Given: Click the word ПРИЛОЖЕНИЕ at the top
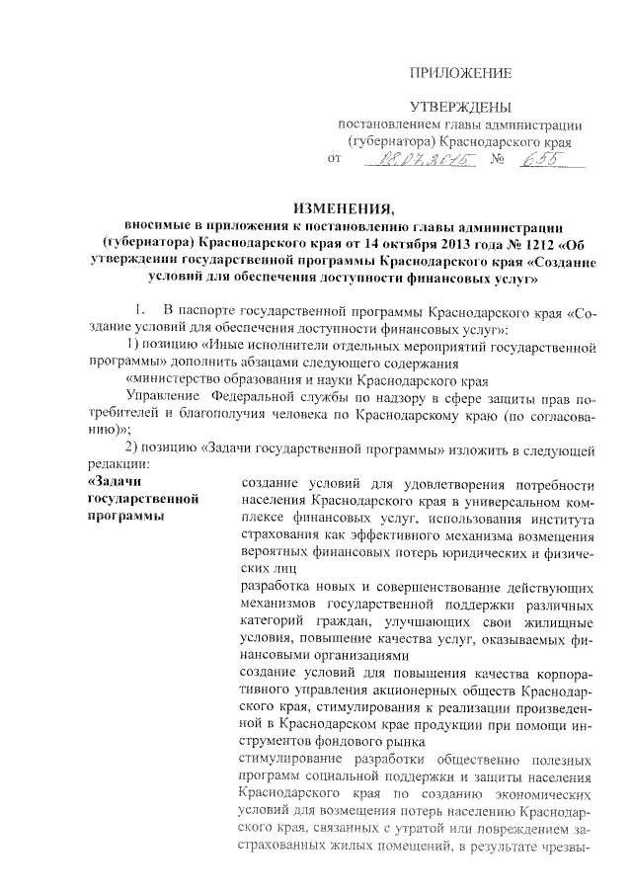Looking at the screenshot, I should (x=461, y=74).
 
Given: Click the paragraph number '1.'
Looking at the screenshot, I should (x=143, y=313).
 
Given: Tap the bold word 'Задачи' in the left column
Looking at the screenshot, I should (x=114, y=482).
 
